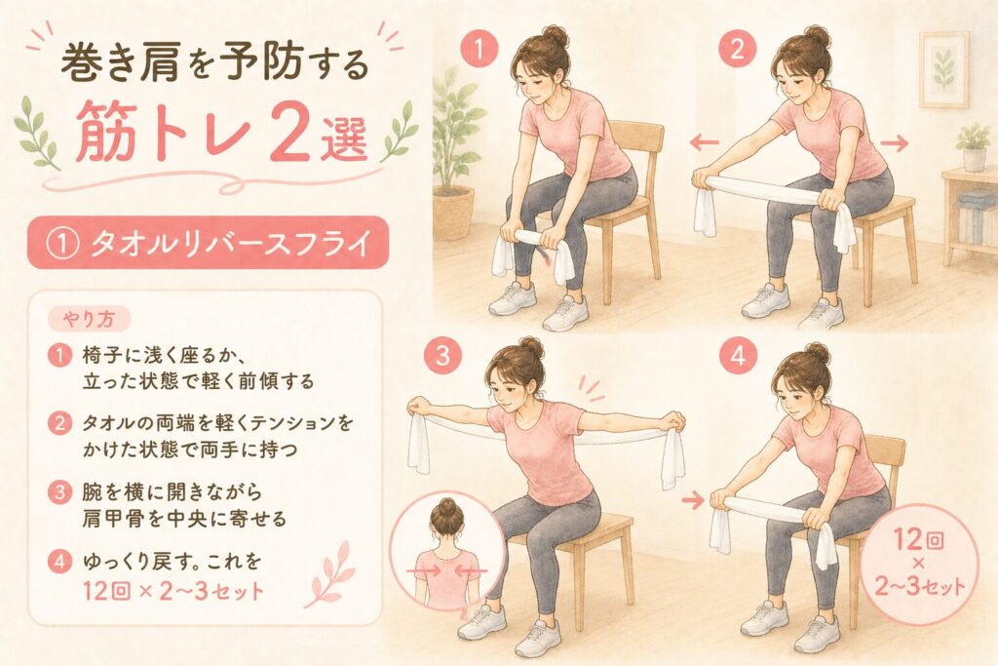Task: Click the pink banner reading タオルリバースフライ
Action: click(208, 243)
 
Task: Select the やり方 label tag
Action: click(89, 320)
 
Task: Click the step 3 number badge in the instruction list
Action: click(59, 491)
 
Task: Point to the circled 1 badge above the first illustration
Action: click(478, 49)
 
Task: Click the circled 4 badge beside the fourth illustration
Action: click(738, 356)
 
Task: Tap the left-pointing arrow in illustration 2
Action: click(704, 143)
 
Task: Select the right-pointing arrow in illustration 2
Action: click(894, 144)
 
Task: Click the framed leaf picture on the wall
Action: click(943, 69)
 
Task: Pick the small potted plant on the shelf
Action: click(974, 146)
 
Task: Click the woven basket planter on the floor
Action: click(453, 212)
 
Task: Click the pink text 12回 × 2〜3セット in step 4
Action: click(173, 592)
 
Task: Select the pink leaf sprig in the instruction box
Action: click(328, 575)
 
